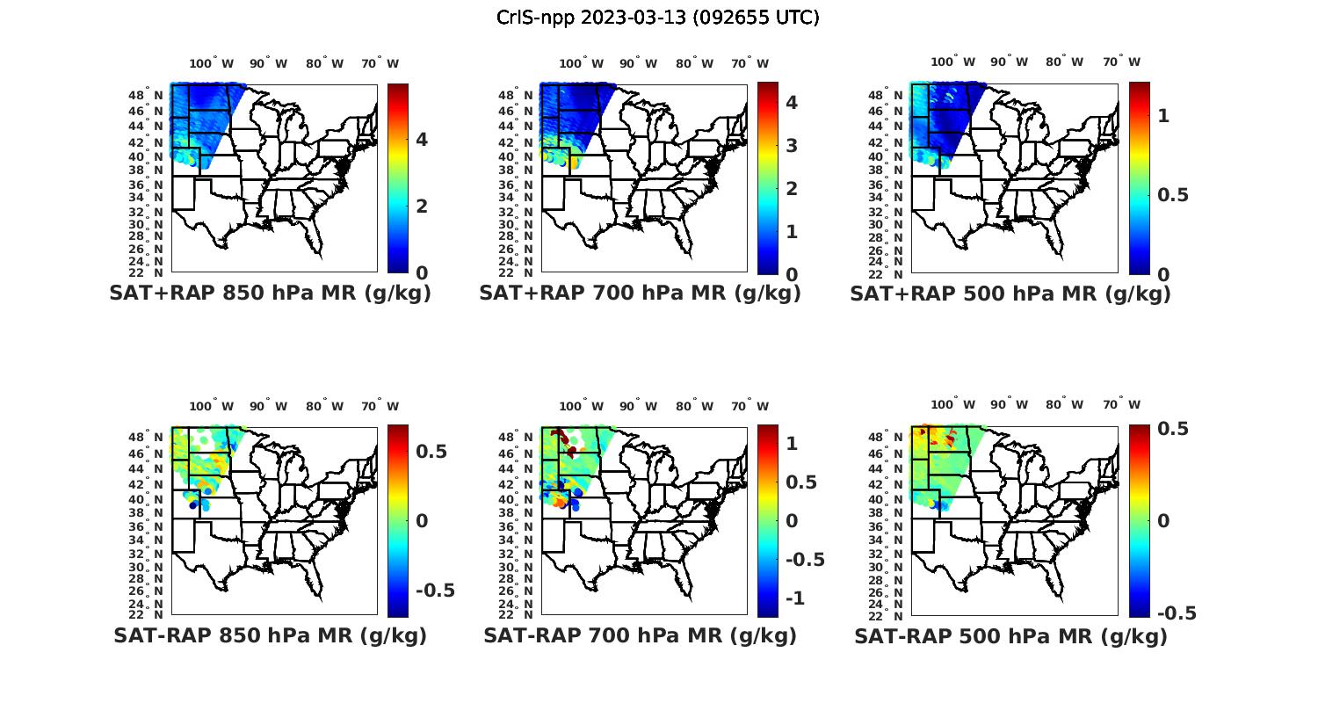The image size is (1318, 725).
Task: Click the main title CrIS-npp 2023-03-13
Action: (x=657, y=18)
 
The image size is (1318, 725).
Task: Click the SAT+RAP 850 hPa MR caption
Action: (x=270, y=294)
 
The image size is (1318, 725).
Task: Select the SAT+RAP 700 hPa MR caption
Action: (x=640, y=294)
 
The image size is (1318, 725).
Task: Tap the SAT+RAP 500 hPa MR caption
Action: (x=1010, y=294)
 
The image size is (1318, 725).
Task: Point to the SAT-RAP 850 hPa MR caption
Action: (x=270, y=635)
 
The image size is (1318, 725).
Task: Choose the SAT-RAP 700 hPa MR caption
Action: (x=640, y=635)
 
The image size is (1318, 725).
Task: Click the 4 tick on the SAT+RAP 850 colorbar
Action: (x=422, y=140)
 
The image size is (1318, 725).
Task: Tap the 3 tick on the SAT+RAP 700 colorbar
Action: (x=792, y=145)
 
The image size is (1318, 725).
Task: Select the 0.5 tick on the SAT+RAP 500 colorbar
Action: (x=1173, y=195)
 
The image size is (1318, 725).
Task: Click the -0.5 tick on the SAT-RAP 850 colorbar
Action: (x=435, y=591)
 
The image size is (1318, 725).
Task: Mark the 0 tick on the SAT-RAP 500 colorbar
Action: (x=1163, y=521)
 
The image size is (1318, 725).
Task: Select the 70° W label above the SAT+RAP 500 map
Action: (x=1121, y=62)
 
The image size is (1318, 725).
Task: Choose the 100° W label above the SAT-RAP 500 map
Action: (x=952, y=404)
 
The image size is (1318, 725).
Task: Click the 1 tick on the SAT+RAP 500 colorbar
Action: (x=1163, y=115)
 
